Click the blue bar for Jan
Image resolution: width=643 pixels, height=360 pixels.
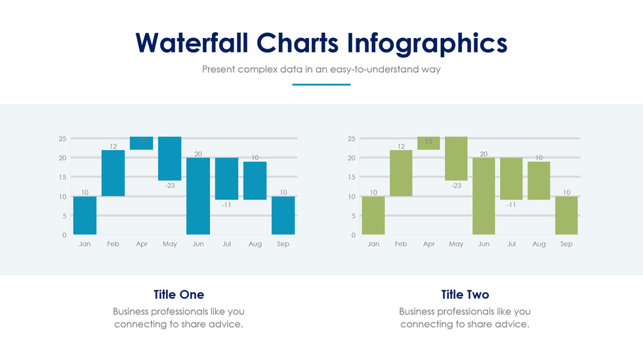click(85, 215)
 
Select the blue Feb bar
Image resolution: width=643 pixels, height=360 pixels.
click(113, 173)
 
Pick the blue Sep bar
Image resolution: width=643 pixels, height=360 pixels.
click(283, 215)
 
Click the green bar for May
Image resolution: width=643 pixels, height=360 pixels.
click(456, 158)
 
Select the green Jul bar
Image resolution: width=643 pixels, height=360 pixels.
click(511, 178)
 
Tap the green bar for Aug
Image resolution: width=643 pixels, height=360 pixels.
click(539, 180)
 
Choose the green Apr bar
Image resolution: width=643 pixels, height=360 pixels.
click(428, 143)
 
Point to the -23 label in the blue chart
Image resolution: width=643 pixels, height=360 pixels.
click(170, 186)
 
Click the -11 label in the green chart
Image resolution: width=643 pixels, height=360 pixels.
click(511, 205)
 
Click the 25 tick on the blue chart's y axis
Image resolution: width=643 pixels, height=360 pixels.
click(62, 139)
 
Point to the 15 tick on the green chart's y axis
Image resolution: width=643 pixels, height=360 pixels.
click(351, 177)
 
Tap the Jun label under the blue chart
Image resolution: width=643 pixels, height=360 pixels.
click(198, 244)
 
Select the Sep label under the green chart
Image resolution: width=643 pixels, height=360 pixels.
click(566, 244)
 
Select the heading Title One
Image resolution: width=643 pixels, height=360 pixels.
click(178, 294)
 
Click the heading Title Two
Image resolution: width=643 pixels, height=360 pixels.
click(465, 294)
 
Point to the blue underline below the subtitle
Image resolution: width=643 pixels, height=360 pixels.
click(321, 85)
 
